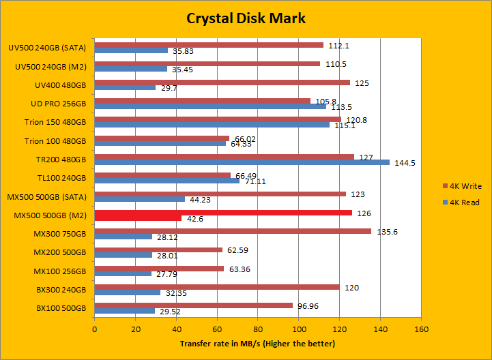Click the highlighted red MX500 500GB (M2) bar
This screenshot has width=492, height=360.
click(x=223, y=213)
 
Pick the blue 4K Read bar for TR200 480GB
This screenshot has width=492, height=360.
click(x=242, y=162)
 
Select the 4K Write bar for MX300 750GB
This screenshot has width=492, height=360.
click(x=233, y=231)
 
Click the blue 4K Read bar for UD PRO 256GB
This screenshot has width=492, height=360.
click(x=210, y=106)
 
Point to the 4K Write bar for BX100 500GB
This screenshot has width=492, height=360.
click(x=193, y=305)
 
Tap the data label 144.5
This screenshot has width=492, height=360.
click(x=406, y=164)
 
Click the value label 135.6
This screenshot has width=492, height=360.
click(x=387, y=232)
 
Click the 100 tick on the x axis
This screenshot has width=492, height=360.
click(x=298, y=329)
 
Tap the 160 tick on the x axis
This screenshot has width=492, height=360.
click(x=421, y=329)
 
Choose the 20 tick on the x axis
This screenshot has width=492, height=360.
click(x=135, y=329)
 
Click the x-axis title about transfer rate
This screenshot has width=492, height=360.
click(x=257, y=344)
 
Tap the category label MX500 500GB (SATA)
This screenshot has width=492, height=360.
click(x=50, y=197)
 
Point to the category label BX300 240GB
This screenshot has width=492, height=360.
click(x=61, y=290)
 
